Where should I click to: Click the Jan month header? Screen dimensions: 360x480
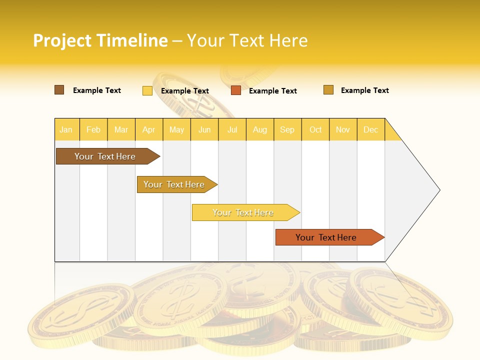click(66, 129)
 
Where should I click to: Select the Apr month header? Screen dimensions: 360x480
click(148, 129)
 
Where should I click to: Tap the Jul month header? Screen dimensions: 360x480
click(232, 129)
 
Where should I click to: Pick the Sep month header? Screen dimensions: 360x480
click(287, 129)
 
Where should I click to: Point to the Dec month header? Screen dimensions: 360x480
click(370, 129)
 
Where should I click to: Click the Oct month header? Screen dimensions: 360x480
click(315, 129)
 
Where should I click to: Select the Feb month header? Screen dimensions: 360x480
click(93, 129)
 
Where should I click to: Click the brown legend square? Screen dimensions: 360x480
click(59, 90)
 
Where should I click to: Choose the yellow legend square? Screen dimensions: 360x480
click(147, 90)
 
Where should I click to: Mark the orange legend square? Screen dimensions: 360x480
click(236, 90)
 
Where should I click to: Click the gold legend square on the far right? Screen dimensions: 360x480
click(328, 90)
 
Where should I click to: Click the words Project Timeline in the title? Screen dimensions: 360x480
click(100, 40)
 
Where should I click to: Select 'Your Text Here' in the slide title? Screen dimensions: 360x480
click(247, 40)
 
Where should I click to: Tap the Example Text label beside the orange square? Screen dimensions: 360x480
click(272, 91)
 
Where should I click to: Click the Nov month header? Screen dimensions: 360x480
click(343, 129)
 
